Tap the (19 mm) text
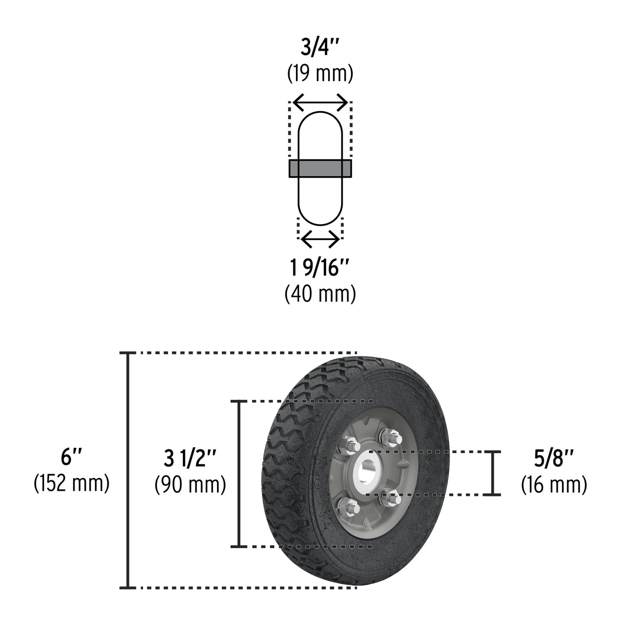[x=320, y=74]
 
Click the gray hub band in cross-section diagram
[x=320, y=169]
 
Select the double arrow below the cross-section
[x=320, y=239]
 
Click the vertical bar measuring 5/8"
[x=492, y=473]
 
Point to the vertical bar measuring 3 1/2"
[x=238, y=474]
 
